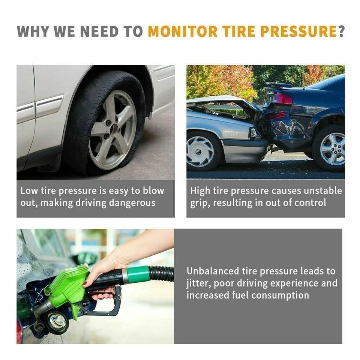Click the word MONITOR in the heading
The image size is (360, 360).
click(182, 31)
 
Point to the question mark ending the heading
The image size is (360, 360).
click(341, 31)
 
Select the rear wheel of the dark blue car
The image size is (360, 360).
click(329, 148)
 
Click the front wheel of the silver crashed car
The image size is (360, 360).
click(200, 151)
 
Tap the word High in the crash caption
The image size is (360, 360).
click(200, 191)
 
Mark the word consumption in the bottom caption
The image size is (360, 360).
click(280, 295)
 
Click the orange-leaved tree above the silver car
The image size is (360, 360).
click(236, 81)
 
